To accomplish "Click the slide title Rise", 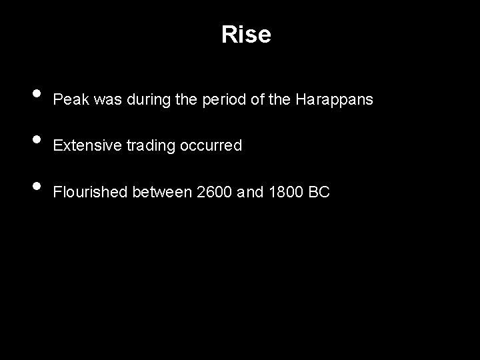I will [246, 35].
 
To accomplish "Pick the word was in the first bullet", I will [108, 100].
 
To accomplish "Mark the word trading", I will [146, 145].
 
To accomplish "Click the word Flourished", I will [90, 193].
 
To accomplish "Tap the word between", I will [162, 193].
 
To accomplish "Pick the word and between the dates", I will [251, 193].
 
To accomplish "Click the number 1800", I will [285, 193].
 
